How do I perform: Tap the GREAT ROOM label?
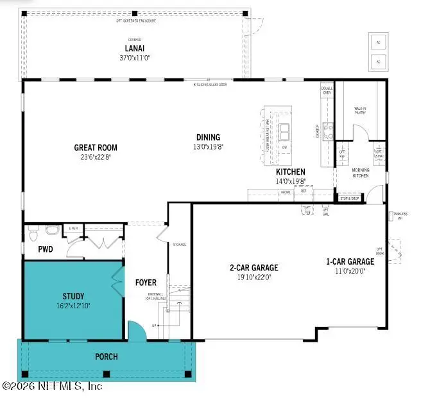coord(96,148)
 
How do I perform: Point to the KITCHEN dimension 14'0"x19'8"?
coord(290,182)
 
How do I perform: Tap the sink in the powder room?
coord(33,229)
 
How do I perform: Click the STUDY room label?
coord(73,296)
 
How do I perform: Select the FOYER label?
coord(146,283)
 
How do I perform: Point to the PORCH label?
coord(106,356)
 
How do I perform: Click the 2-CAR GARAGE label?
coord(254,268)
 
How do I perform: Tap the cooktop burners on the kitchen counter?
coord(328,131)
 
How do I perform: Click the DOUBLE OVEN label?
coord(327,91)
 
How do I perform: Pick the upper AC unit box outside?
coord(378,42)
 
